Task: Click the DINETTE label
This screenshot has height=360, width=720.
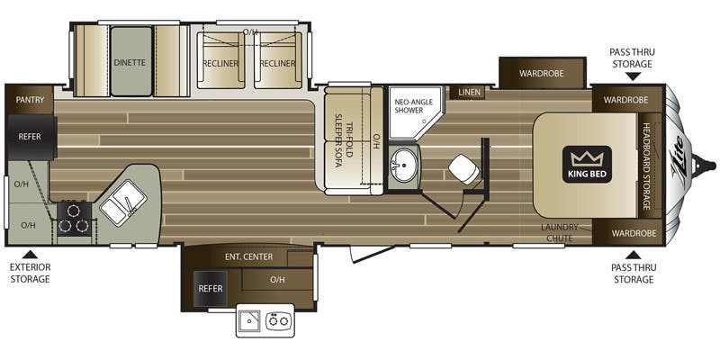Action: [x=130, y=62]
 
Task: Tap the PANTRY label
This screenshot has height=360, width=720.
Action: [x=30, y=100]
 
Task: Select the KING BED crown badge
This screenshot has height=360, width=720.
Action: [x=587, y=165]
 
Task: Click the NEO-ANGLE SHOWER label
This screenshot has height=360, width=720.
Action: [x=414, y=106]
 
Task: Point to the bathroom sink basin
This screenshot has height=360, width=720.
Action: [x=403, y=166]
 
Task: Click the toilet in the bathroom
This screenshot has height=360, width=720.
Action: [x=463, y=168]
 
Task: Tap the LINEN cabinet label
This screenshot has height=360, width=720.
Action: [x=469, y=93]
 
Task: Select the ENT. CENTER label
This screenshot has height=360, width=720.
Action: [x=248, y=256]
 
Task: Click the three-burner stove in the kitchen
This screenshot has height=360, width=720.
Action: [x=75, y=219]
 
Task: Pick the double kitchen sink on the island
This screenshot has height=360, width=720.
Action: [x=123, y=202]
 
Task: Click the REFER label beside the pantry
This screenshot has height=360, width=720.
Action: [x=30, y=137]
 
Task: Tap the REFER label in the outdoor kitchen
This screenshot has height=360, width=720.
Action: [x=211, y=288]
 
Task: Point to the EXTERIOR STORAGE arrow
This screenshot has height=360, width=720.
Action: [x=30, y=254]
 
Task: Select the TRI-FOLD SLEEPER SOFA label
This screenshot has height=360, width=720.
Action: [x=344, y=140]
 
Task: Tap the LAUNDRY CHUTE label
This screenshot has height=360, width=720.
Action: [x=559, y=233]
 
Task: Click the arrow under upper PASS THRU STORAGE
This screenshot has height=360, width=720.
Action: [x=633, y=76]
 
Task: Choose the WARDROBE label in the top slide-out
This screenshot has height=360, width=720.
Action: [x=542, y=73]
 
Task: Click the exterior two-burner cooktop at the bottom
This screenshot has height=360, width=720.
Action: [x=279, y=320]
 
